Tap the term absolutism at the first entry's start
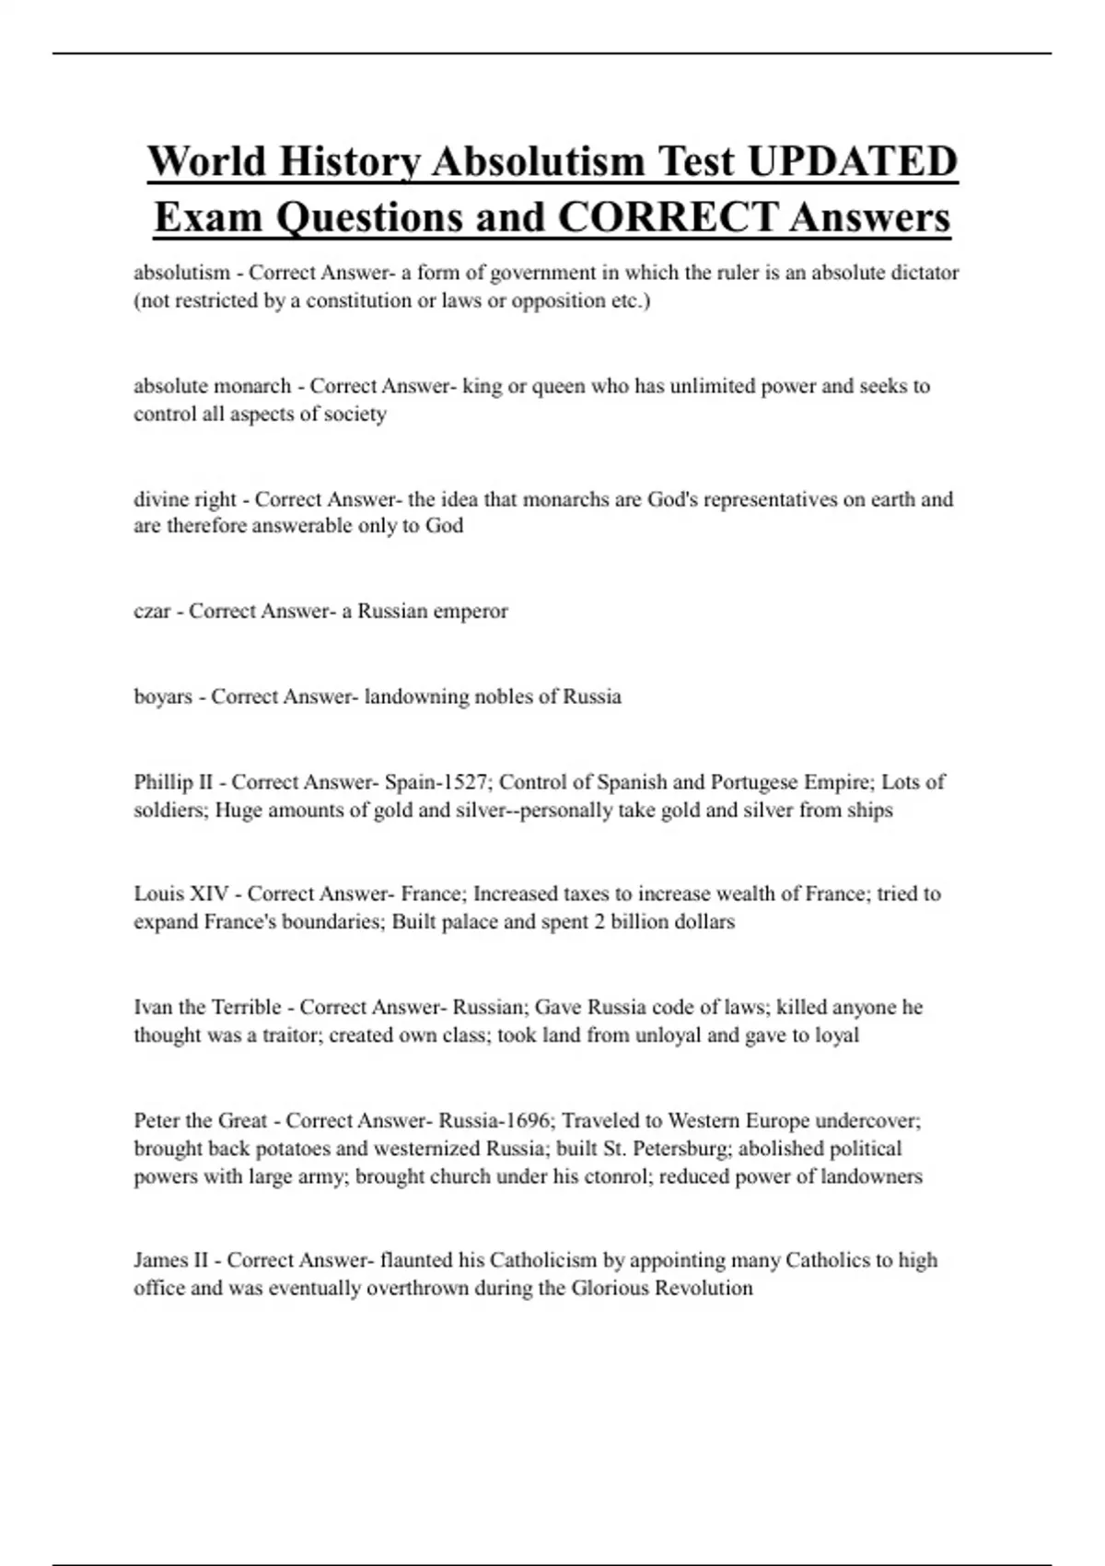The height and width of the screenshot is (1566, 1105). [x=181, y=273]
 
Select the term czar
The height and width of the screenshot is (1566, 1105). [x=152, y=612]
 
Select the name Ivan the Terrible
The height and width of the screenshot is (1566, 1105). [x=207, y=1007]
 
